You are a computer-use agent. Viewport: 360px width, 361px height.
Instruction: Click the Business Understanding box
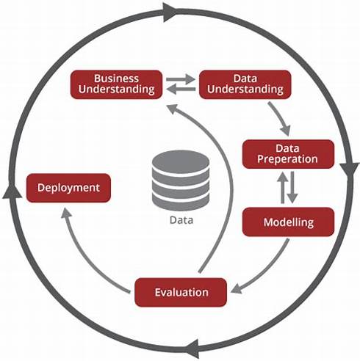tap(116, 84)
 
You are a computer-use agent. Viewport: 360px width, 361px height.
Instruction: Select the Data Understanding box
tap(245, 84)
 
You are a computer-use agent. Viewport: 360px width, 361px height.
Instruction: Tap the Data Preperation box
tap(288, 154)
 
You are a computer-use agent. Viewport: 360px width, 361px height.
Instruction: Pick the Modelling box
tap(288, 222)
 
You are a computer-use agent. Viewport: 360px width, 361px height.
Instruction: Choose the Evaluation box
tap(181, 292)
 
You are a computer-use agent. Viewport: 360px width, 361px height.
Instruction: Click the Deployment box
tap(68, 188)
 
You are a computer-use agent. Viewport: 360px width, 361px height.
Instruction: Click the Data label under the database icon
tap(181, 220)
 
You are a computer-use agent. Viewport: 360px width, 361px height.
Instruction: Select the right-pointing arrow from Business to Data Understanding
tap(181, 79)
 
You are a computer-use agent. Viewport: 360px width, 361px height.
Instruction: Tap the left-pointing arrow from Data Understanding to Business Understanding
tap(181, 90)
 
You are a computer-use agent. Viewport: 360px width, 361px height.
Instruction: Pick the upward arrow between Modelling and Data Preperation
tap(283, 188)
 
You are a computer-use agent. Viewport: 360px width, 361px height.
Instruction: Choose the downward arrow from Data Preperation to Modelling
tap(292, 188)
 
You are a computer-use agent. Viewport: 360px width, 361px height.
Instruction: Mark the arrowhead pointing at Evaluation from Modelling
tap(237, 288)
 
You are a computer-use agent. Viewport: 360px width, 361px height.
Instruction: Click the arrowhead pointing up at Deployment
tap(66, 213)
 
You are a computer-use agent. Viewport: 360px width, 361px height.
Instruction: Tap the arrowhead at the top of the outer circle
tap(170, 12)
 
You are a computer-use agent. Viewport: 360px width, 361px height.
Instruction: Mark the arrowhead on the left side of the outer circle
tap(12, 192)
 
